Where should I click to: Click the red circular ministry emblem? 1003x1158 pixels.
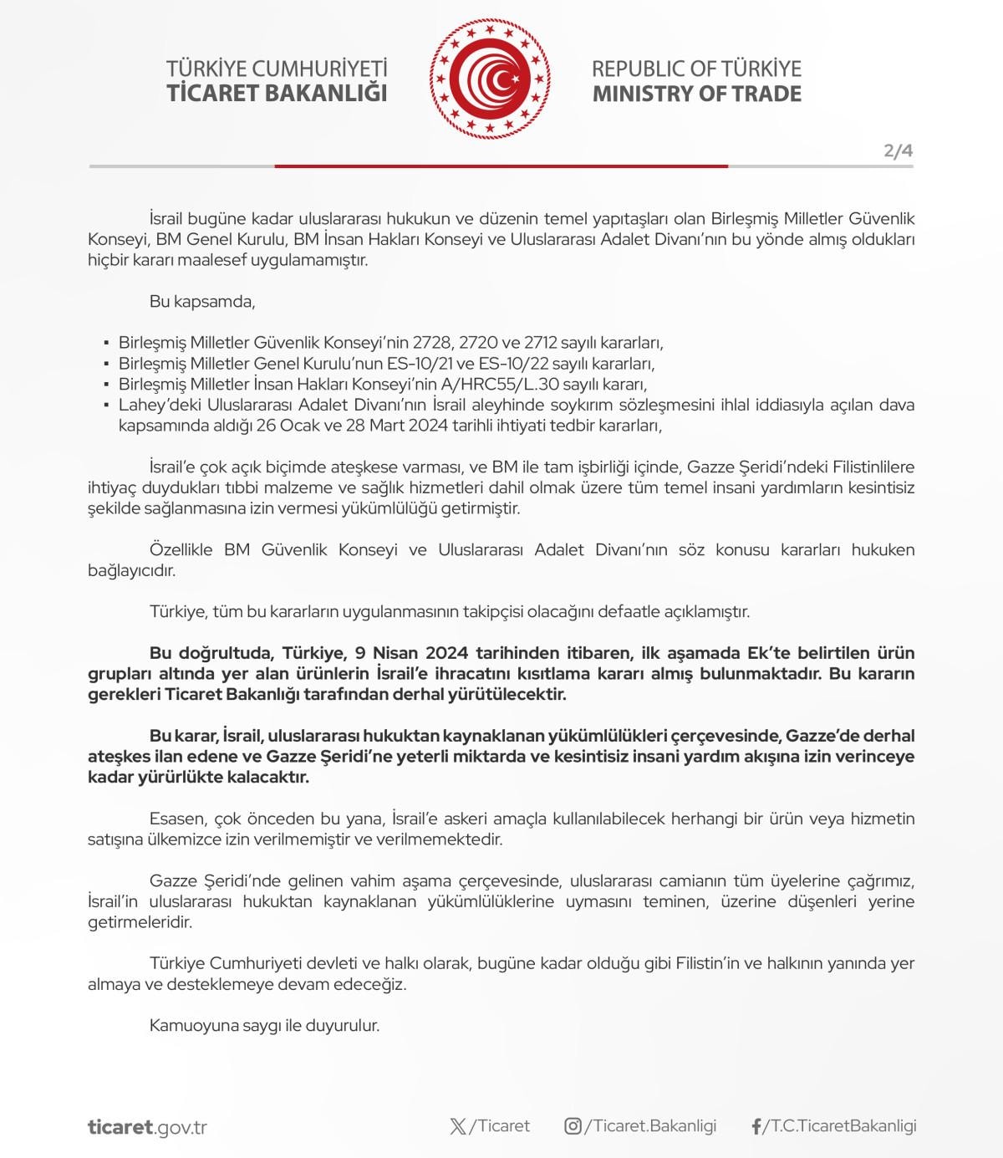[491, 79]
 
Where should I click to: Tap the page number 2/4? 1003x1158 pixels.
[898, 151]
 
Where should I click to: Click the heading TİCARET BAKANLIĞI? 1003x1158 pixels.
[277, 93]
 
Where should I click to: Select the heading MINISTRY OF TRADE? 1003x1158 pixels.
[696, 93]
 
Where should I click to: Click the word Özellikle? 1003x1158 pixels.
[181, 550]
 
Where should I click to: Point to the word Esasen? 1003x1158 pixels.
[177, 819]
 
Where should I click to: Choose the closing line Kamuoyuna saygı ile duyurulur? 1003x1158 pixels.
[264, 1025]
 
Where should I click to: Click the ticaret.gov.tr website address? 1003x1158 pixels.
[147, 1126]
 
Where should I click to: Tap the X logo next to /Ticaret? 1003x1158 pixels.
[458, 1126]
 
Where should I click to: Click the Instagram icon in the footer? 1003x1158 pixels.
[573, 1126]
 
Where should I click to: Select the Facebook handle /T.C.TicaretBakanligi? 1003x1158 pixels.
[839, 1126]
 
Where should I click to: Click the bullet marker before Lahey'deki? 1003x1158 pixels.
[106, 406]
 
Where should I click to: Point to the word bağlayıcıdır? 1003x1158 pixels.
[132, 571]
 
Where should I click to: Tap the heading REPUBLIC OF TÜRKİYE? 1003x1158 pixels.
[696, 69]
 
